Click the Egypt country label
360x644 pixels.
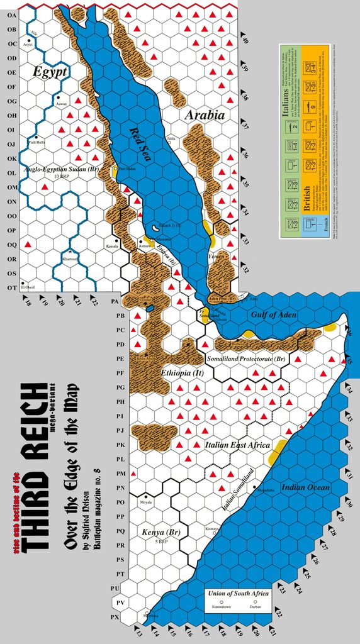click(50, 72)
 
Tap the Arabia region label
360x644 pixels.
click(205, 115)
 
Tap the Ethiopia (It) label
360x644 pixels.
click(180, 373)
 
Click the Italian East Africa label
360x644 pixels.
click(237, 445)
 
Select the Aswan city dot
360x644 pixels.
click(58, 97)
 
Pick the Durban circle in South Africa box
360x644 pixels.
click(256, 602)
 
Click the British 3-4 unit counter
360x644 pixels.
click(329, 67)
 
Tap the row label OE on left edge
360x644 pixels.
click(11, 73)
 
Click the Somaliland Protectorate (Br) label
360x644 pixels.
click(246, 358)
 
